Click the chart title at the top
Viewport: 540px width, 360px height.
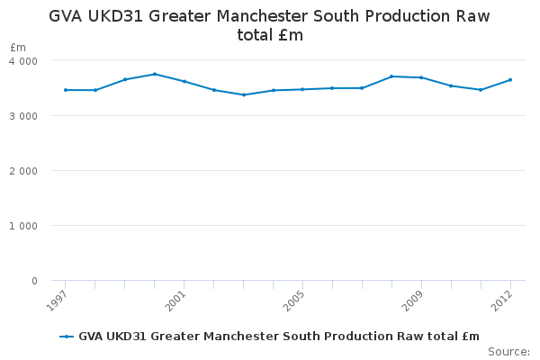point(269,25)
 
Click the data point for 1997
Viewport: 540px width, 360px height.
point(66,90)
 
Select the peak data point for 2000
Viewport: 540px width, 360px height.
point(155,74)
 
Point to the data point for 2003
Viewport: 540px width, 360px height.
point(244,94)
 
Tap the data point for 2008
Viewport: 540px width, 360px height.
point(391,76)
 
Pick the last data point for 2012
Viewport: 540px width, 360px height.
point(510,80)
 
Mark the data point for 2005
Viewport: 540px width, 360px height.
point(302,89)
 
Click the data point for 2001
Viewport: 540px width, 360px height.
point(184,82)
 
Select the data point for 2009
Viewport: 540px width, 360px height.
point(421,77)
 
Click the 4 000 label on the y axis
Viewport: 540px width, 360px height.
point(23,61)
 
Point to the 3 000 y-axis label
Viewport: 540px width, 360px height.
point(23,116)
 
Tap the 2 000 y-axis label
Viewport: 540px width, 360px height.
point(23,171)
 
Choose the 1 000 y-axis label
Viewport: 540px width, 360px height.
point(23,226)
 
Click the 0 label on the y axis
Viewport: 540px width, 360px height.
point(34,281)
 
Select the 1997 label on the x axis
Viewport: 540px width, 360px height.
point(57,301)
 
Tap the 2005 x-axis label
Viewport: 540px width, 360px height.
point(293,301)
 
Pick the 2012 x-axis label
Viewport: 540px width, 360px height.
point(502,301)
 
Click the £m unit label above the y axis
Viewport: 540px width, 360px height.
point(18,47)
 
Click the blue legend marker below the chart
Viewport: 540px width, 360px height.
point(67,337)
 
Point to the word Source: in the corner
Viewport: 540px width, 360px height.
point(509,352)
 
